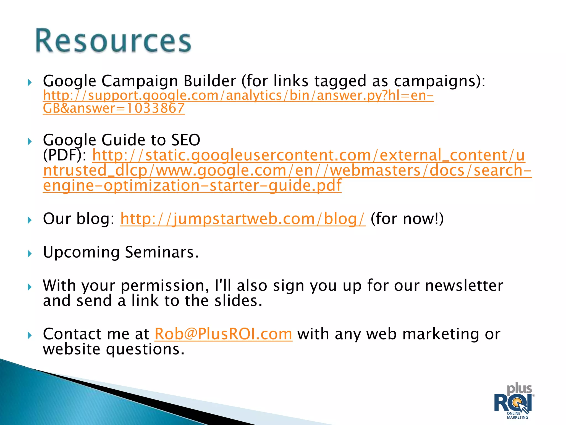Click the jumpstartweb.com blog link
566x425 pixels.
tap(242, 219)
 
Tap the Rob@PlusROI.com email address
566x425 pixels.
tap(223, 334)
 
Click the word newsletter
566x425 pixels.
tap(464, 286)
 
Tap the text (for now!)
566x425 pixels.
tap(407, 219)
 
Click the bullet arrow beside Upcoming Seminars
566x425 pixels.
tap(30, 253)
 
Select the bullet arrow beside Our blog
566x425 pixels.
tap(30, 220)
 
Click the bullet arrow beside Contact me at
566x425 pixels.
tap(30, 336)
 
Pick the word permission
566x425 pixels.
tap(165, 286)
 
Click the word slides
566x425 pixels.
tap(238, 301)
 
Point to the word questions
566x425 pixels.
tap(145, 349)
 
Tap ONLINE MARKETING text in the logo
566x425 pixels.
tap(517, 415)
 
